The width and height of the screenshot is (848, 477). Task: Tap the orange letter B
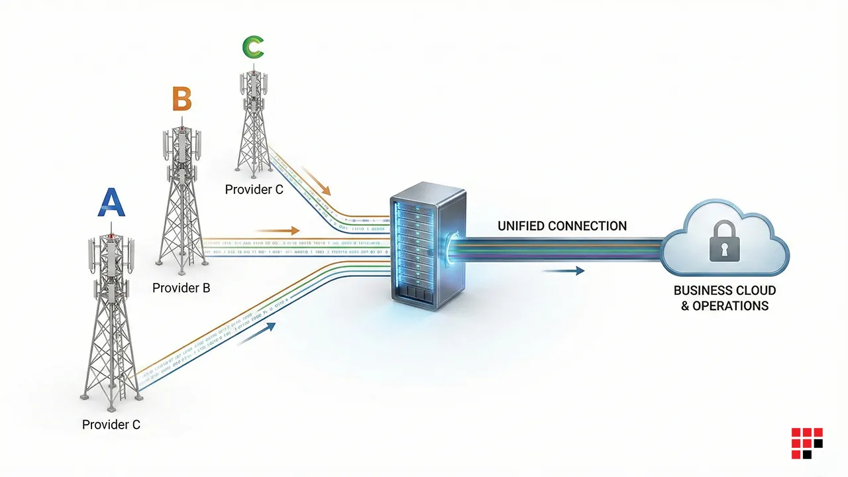click(x=182, y=99)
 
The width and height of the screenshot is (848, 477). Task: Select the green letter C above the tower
click(x=253, y=47)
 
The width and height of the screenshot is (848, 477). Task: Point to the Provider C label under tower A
click(x=111, y=425)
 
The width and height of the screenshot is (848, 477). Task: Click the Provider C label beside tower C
click(x=254, y=190)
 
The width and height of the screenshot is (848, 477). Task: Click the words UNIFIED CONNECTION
click(x=562, y=226)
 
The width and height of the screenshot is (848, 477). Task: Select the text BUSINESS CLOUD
click(x=724, y=291)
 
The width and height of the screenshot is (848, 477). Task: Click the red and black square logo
click(x=806, y=443)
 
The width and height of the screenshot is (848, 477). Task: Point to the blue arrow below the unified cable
click(x=562, y=270)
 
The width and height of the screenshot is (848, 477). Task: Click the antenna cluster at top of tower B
click(x=181, y=146)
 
